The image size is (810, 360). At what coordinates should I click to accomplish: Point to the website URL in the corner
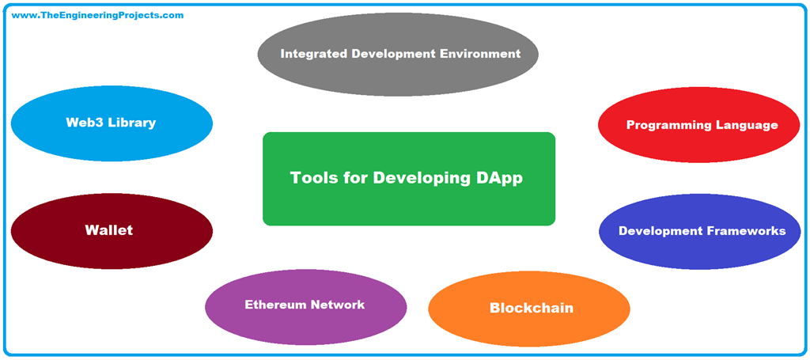click(x=97, y=15)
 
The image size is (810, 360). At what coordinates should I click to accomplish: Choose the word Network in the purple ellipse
click(x=337, y=305)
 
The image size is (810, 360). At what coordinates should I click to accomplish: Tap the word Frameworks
click(x=746, y=231)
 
